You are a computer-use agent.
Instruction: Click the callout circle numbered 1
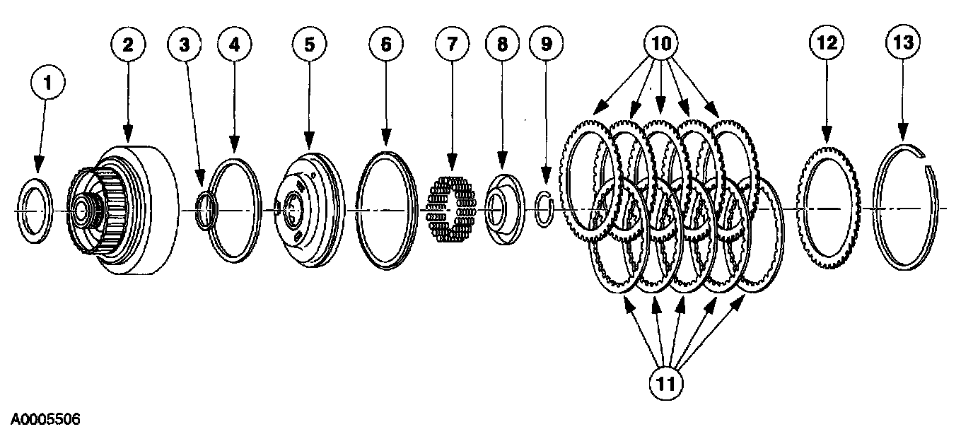point(47,83)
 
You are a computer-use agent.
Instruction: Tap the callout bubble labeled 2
point(128,45)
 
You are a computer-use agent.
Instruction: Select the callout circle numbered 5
point(309,45)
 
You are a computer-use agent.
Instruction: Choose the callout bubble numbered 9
point(546,45)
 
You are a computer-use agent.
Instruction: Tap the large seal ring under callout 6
point(387,210)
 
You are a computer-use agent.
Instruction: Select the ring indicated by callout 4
point(235,211)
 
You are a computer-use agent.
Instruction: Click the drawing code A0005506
point(41,420)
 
